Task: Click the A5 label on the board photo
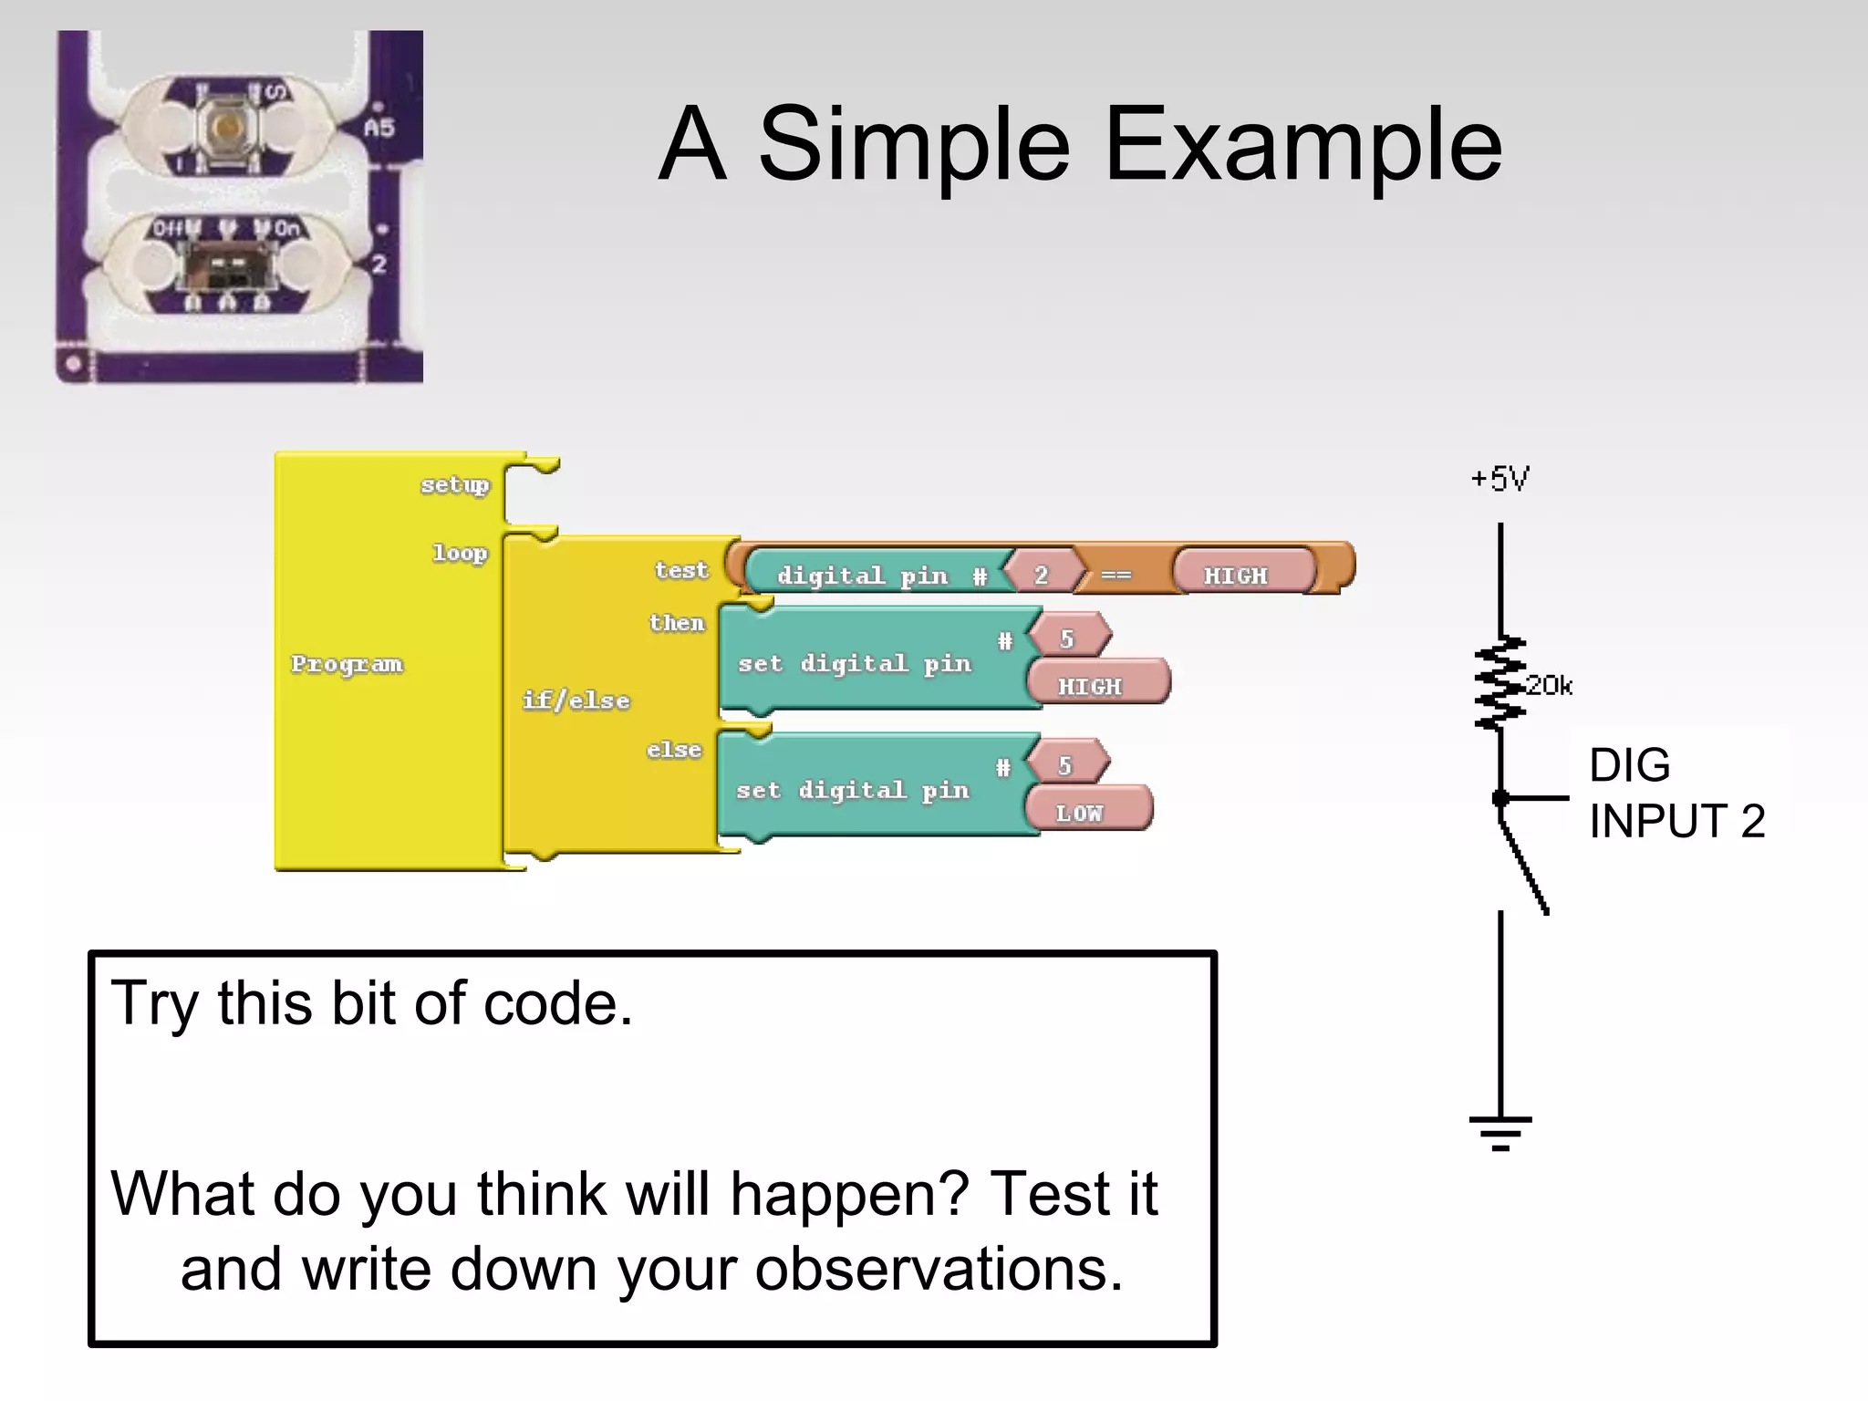pyautogui.click(x=379, y=128)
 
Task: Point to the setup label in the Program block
pyautogui.click(x=454, y=484)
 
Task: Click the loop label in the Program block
pyautogui.click(x=459, y=553)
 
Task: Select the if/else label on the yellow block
pyautogui.click(x=576, y=700)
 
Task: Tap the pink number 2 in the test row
pyautogui.click(x=1041, y=575)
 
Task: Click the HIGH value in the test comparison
pyautogui.click(x=1235, y=576)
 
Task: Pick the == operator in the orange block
pyautogui.click(x=1116, y=576)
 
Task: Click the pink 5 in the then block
pyautogui.click(x=1066, y=638)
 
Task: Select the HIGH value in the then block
pyautogui.click(x=1090, y=686)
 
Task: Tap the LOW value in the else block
pyautogui.click(x=1079, y=813)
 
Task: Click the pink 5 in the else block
pyautogui.click(x=1064, y=765)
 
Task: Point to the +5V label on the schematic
pyautogui.click(x=1500, y=479)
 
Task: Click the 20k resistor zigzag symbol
pyautogui.click(x=1500, y=683)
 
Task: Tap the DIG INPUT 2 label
pyautogui.click(x=1676, y=793)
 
